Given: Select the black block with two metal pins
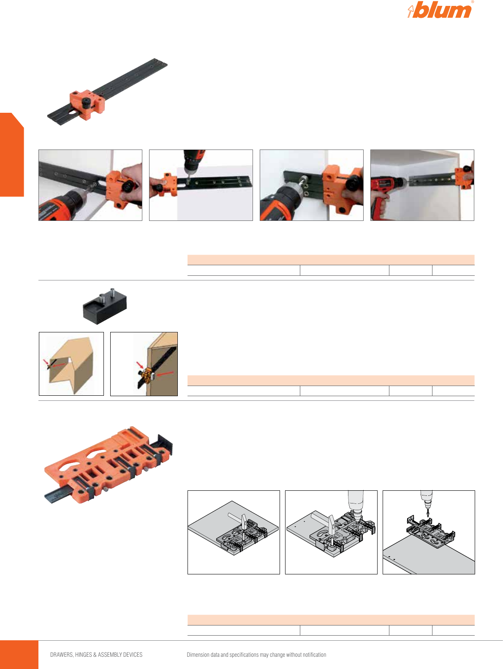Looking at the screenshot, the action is click(105, 306).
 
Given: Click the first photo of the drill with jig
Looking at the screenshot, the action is click(90, 185).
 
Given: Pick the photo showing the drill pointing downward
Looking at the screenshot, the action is click(201, 185).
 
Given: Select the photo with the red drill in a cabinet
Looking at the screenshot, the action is click(422, 185).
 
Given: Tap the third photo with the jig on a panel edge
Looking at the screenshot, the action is click(311, 185).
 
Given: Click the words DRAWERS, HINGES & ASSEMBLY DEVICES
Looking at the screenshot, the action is click(96, 655).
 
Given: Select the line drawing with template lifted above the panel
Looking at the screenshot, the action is click(429, 532).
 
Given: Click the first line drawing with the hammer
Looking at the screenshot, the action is click(234, 532).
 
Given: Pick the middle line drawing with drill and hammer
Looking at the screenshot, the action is click(331, 532).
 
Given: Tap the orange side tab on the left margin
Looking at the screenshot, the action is click(12, 155).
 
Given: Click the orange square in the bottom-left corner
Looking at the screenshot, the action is click(19, 654).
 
